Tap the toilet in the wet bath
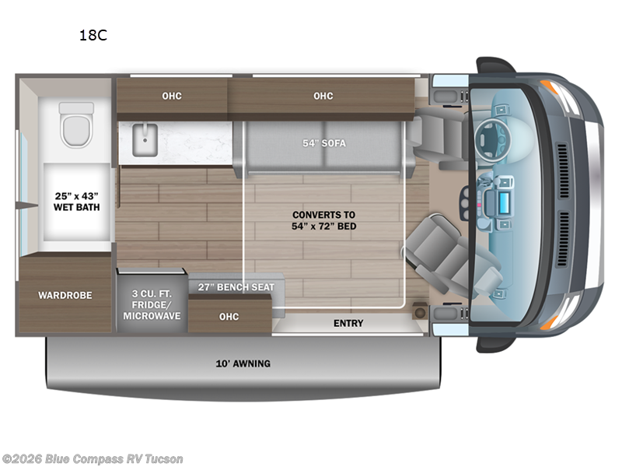77,125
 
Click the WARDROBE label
66,296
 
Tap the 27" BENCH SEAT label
236,287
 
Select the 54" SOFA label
323,143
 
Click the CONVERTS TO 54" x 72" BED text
324,220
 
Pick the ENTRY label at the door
348,323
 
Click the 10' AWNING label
243,363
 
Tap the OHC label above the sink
172,97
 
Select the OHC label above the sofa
323,97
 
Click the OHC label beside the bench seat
229,317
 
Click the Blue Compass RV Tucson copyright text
92,459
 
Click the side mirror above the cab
495,65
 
